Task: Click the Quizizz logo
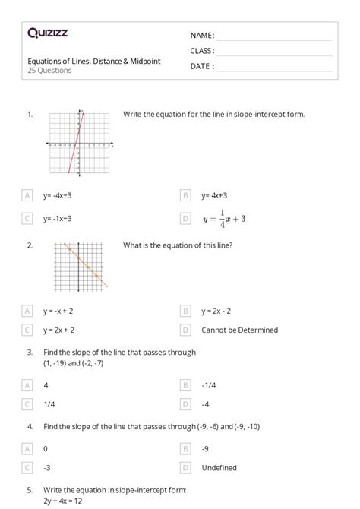(x=48, y=33)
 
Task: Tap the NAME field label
(x=202, y=36)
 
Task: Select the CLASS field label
(x=202, y=51)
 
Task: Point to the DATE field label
(x=201, y=66)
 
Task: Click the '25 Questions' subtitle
(x=49, y=71)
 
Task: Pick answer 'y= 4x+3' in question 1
(x=216, y=195)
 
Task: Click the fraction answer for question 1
(x=223, y=218)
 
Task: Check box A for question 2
(x=28, y=311)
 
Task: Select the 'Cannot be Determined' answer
(x=239, y=330)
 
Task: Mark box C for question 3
(x=28, y=404)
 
